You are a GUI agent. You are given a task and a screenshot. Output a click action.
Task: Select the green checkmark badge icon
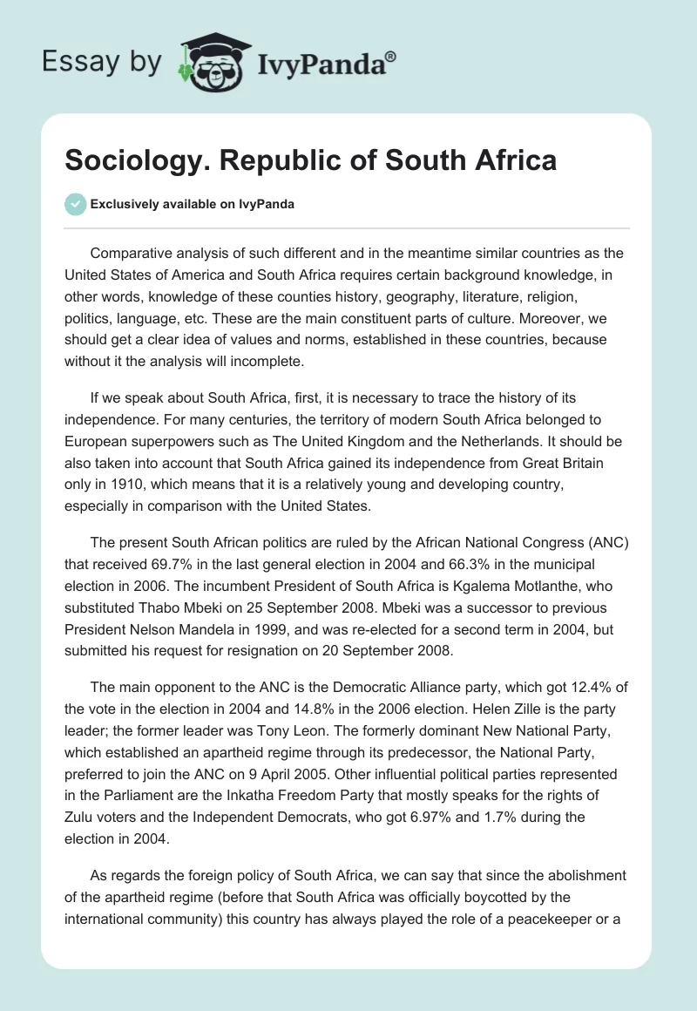75,204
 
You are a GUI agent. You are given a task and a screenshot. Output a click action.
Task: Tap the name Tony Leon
264,734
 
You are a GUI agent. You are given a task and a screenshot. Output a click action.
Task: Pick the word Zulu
81,818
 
